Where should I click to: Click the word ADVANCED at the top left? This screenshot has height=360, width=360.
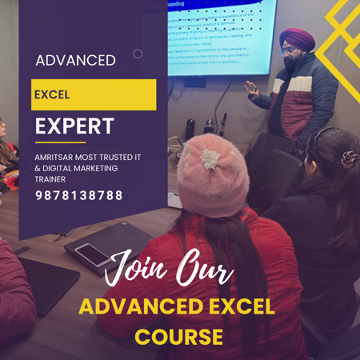pos(75,60)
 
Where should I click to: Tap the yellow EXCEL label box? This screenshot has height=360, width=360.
pos(94,94)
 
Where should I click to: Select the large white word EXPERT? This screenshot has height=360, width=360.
pos(74,126)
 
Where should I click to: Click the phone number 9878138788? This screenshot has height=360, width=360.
pos(78,195)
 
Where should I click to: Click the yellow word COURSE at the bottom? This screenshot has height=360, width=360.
pos(178,337)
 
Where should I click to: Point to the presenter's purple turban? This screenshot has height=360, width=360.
pos(296,38)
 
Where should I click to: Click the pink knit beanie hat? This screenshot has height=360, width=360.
pos(212,173)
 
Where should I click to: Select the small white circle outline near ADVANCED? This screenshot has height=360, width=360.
pos(138,54)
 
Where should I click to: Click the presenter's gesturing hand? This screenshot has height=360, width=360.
pos(252,92)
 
